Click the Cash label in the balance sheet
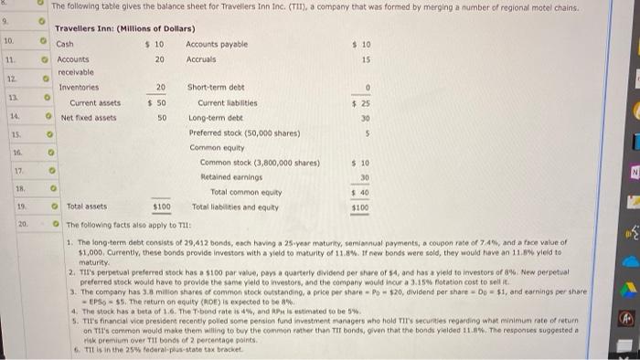point(65,43)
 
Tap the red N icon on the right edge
point(632,170)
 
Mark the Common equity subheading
point(217,147)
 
